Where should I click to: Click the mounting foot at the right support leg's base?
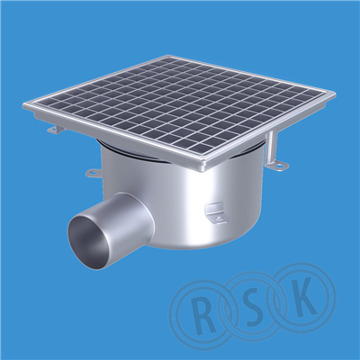tap(275, 165)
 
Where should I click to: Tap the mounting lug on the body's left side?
tap(94, 173)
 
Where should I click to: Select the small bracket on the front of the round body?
tap(215, 212)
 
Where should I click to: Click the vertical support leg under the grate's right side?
tap(272, 147)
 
